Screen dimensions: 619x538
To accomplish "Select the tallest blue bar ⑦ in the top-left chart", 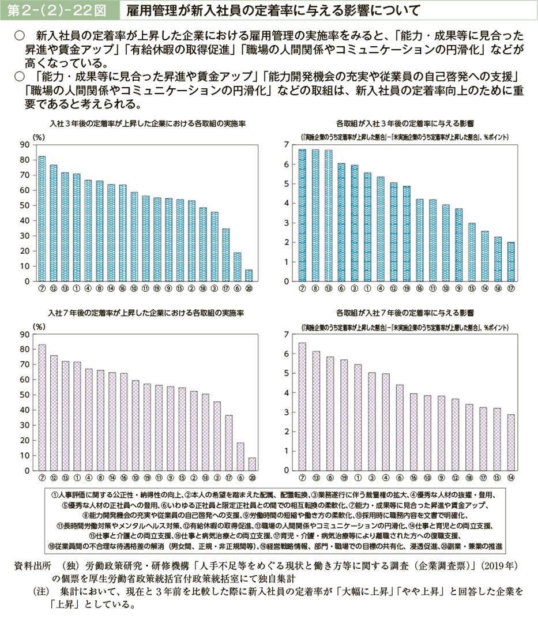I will tap(42, 219).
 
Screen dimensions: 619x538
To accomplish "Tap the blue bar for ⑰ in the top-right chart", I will tap(511, 262).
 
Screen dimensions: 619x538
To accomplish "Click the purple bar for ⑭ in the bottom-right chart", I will tap(511, 442).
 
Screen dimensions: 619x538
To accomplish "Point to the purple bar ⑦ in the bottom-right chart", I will tap(302, 407).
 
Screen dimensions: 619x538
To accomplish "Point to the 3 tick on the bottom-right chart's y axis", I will tap(287, 412).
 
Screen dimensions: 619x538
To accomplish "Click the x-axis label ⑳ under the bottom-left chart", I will tap(252, 478).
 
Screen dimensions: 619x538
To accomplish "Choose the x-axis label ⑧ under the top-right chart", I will tap(315, 288).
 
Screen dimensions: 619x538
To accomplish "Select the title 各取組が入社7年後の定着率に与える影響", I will tap(405, 312).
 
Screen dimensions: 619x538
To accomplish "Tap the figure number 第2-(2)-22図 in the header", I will tap(58, 10).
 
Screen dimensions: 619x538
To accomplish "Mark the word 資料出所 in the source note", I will tap(33, 562).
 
